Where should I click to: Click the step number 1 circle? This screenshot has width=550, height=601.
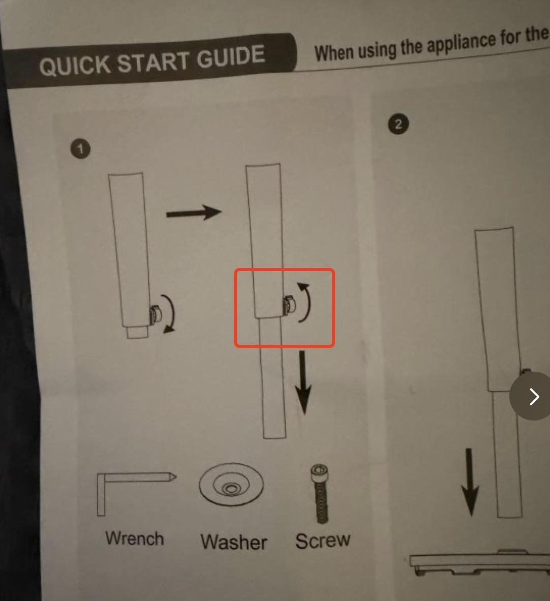(80, 148)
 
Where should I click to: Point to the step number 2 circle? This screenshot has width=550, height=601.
(398, 124)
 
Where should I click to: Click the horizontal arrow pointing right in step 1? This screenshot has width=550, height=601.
(194, 213)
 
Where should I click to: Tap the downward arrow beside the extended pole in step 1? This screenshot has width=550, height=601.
(303, 382)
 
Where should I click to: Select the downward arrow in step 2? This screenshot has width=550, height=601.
(470, 483)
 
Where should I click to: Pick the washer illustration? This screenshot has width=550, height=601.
(231, 484)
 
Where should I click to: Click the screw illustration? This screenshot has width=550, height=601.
(320, 494)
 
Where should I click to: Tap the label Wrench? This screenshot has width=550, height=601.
(135, 538)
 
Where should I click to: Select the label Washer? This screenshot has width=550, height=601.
(233, 542)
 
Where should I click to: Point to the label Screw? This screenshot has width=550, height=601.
(323, 540)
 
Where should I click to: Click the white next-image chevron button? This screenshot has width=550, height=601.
(532, 396)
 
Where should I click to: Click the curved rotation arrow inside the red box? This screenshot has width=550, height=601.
(308, 303)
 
